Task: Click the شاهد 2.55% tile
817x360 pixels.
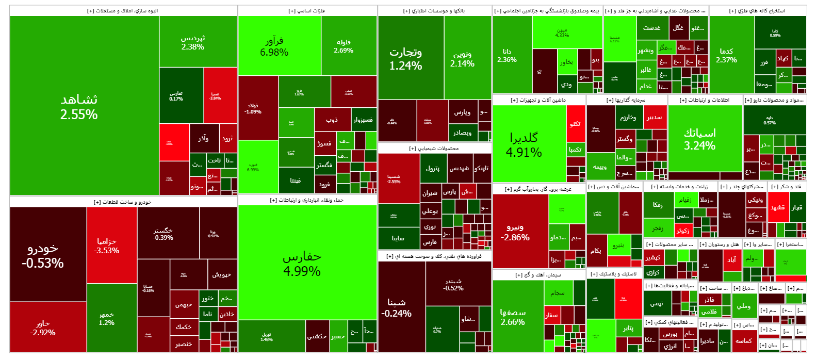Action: point(79,106)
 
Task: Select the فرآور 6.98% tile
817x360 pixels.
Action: point(274,46)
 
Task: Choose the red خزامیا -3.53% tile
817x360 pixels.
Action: point(107,246)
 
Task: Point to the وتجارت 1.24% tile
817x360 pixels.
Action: point(406,58)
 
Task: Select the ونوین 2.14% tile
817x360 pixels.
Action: point(462,59)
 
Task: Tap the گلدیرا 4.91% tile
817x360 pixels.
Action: point(524,144)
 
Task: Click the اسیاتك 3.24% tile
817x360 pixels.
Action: point(699,138)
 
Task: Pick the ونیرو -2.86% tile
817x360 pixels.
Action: point(515,232)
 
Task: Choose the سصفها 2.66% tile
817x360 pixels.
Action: point(513,317)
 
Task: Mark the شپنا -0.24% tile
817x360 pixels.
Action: point(396,307)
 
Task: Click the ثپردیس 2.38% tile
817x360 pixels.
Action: point(193,42)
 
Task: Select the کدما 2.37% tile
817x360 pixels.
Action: point(726,55)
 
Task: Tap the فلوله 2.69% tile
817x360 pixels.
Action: point(344,46)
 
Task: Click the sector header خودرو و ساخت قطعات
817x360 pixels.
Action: point(123,202)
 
